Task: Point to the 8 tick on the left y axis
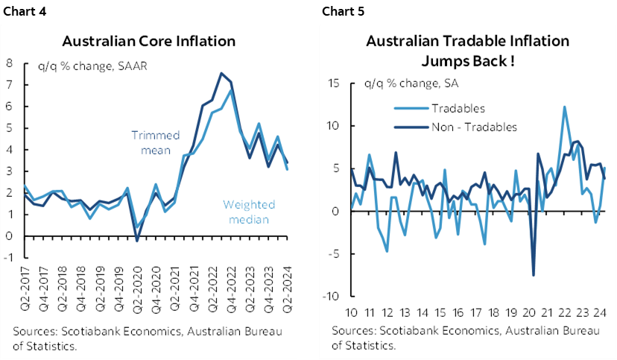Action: [x=9, y=63]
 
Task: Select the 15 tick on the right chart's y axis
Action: [x=335, y=83]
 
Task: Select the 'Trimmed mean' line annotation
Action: [x=156, y=142]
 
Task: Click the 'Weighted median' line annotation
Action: [x=249, y=212]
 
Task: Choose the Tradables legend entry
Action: [x=458, y=109]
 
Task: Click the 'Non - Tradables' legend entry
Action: [x=474, y=127]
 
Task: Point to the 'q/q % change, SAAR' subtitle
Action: [x=92, y=66]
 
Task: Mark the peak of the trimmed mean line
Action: [x=221, y=73]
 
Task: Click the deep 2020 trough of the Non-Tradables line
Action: [x=534, y=275]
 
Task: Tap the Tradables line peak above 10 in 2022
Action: [x=565, y=107]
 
